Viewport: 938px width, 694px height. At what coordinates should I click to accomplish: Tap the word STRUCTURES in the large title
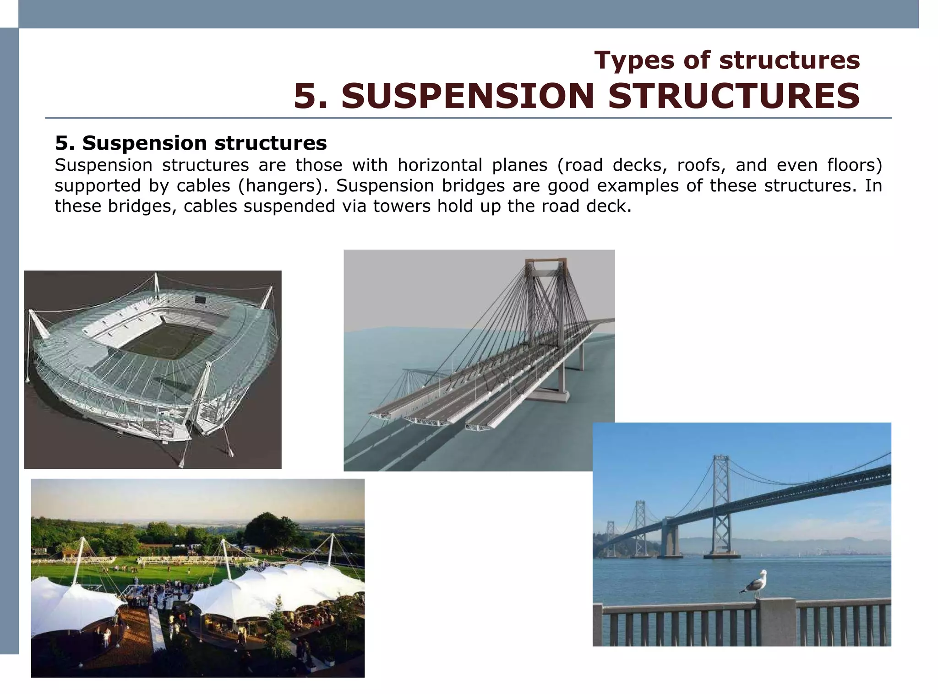[x=734, y=96]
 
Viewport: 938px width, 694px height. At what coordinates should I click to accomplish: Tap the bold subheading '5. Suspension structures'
[x=191, y=143]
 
